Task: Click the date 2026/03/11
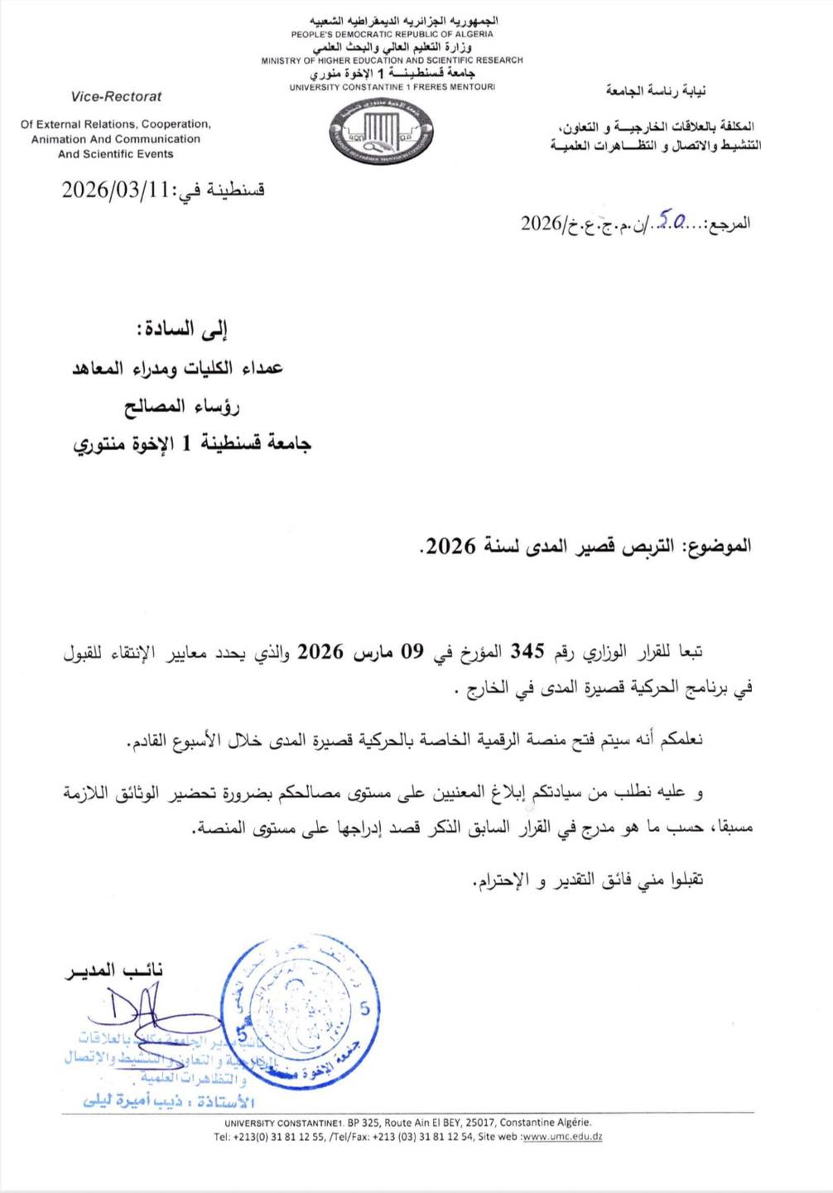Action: (x=114, y=190)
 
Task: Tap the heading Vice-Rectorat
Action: (x=116, y=96)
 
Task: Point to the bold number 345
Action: (x=527, y=651)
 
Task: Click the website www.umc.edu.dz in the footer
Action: (x=562, y=1137)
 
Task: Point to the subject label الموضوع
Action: (x=716, y=546)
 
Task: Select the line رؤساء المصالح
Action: (x=181, y=406)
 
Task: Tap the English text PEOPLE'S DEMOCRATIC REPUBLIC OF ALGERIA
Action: (x=392, y=35)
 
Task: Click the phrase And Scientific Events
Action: (x=116, y=154)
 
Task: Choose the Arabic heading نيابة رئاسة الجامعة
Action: (x=655, y=91)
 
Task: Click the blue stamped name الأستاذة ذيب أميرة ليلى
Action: (x=169, y=1101)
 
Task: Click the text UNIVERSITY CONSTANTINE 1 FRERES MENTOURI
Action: (x=392, y=87)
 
